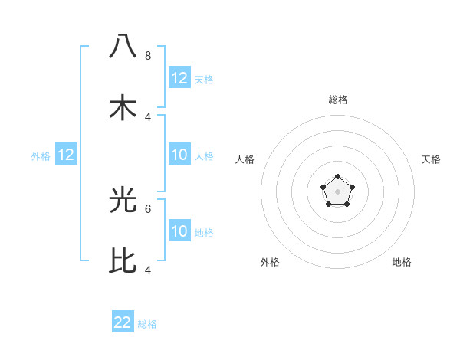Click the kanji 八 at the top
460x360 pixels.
click(123, 45)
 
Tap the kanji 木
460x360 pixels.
click(123, 106)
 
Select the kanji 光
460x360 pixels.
click(123, 198)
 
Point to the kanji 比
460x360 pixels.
click(123, 260)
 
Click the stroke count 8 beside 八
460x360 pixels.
click(148, 55)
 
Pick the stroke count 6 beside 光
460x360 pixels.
click(148, 208)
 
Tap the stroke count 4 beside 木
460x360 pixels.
click(148, 116)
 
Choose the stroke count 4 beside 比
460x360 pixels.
click(148, 270)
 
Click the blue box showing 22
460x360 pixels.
click(123, 322)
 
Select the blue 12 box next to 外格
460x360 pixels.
click(66, 155)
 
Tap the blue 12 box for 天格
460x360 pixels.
click(179, 78)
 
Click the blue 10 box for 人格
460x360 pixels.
click(179, 155)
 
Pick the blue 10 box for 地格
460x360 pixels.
click(179, 232)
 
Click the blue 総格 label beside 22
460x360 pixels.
click(147, 324)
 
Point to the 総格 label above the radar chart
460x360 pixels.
click(337, 100)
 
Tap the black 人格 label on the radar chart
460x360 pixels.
click(245, 159)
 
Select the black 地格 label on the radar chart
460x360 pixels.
click(402, 262)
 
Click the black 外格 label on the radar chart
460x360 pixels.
click(270, 262)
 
